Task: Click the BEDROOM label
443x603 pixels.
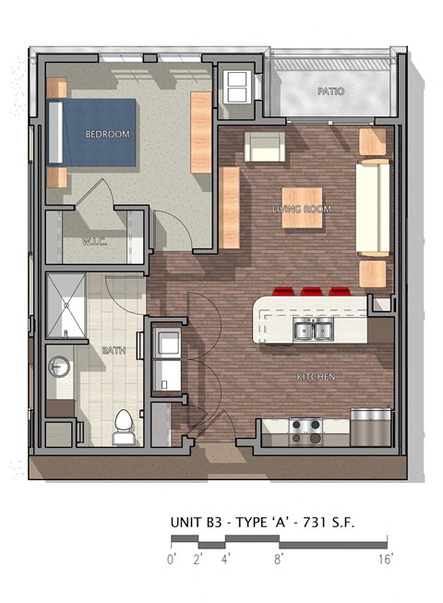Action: click(x=107, y=134)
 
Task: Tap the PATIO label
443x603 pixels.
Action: click(x=330, y=91)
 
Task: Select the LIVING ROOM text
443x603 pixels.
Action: click(x=302, y=210)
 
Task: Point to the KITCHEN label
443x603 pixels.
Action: click(x=314, y=377)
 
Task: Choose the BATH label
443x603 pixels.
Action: click(x=114, y=350)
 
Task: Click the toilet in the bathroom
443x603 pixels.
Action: click(x=122, y=427)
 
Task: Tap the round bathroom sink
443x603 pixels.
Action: click(x=60, y=367)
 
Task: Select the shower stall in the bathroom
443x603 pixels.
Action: click(x=66, y=308)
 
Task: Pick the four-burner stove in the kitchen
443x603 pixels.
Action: click(x=306, y=429)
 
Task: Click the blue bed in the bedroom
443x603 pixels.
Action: click(x=92, y=133)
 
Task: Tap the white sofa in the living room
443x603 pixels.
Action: click(x=373, y=208)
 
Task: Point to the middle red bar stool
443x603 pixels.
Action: click(x=312, y=292)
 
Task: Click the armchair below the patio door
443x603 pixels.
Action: click(x=264, y=147)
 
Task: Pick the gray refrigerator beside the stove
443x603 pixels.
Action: click(x=370, y=428)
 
